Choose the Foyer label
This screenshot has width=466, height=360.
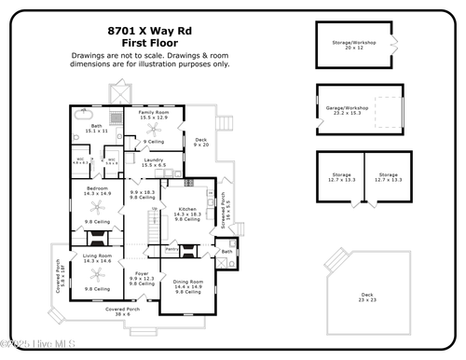(x=142, y=276)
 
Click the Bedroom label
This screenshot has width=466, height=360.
(x=98, y=190)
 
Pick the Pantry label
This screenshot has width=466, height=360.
(x=171, y=250)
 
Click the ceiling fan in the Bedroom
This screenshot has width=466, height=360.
(x=97, y=209)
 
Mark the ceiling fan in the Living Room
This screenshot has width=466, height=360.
(x=96, y=277)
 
